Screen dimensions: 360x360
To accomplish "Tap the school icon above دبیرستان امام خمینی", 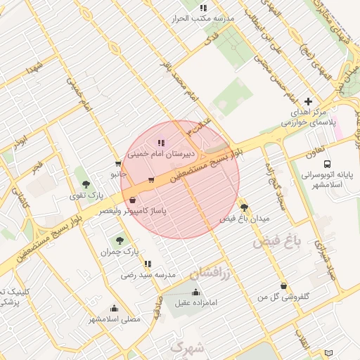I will point(161,143).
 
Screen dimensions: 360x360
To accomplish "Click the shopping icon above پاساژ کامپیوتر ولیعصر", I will point(133,200).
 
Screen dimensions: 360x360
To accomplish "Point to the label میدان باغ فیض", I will point(244,219).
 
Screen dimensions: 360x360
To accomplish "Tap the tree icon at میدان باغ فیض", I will point(244,207).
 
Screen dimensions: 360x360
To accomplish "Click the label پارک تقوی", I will point(91,194).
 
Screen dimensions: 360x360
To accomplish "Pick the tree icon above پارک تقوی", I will point(86,184).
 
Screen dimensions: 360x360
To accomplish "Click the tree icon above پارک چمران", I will point(118,240).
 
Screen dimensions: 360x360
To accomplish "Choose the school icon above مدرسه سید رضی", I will point(148,264).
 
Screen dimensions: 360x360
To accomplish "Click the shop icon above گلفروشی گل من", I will point(283,285).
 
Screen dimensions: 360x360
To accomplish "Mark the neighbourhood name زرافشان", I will point(211,271).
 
